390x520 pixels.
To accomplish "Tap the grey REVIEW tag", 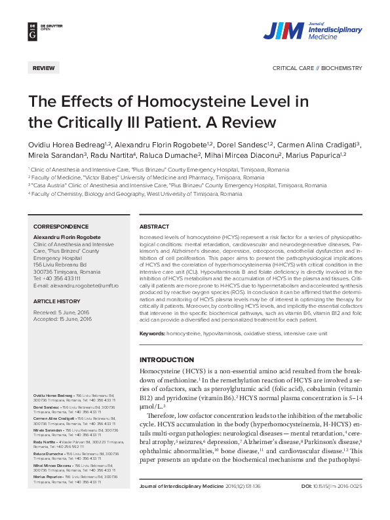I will (x=44, y=67).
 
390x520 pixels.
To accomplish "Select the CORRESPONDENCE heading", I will (x=61, y=227).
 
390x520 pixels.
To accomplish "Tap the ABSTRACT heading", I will (x=155, y=227).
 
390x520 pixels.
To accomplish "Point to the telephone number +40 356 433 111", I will (x=62, y=278).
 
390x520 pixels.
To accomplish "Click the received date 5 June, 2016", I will (x=71, y=312).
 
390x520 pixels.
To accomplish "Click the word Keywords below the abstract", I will (x=152, y=334).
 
